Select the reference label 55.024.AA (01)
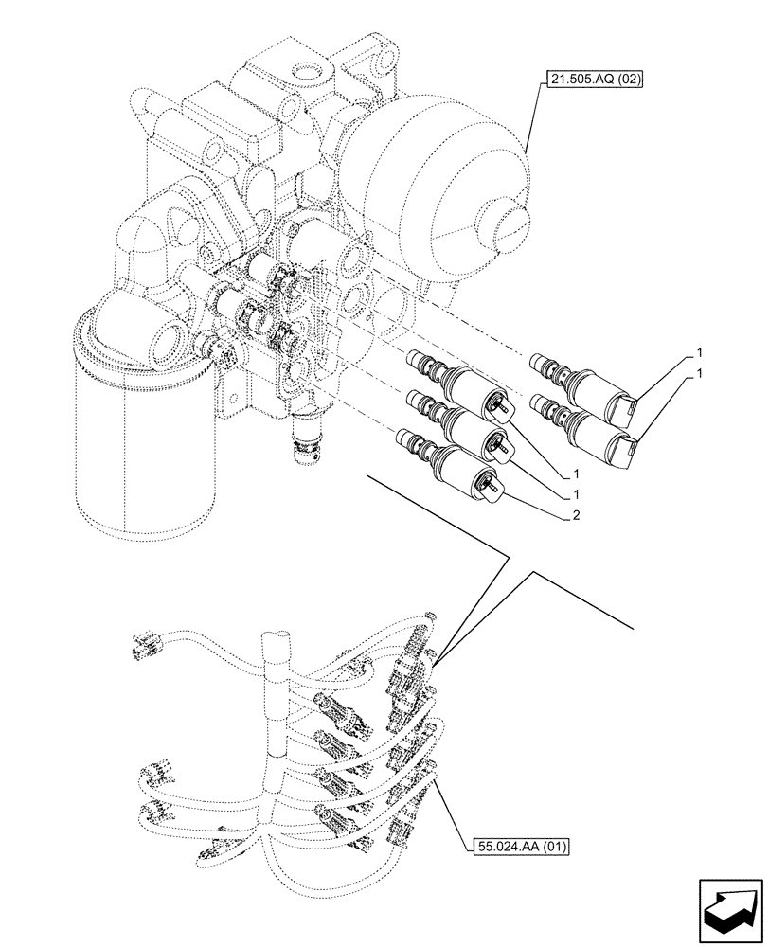pyautogui.click(x=517, y=847)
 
